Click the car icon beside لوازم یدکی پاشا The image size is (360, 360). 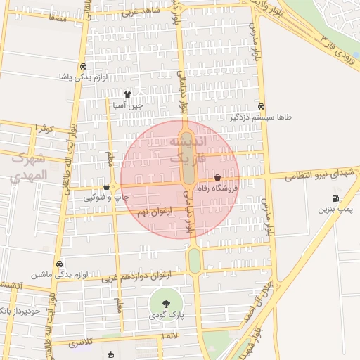coord(83,66)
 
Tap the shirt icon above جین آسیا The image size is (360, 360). coord(127,94)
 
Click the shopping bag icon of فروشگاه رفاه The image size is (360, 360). coord(217,178)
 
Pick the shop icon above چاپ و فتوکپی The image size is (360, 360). coord(106,187)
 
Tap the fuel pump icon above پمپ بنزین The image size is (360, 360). coord(335,198)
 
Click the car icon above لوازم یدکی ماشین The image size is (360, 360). coord(60,264)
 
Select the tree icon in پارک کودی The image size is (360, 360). coord(166,304)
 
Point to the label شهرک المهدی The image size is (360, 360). coord(28,166)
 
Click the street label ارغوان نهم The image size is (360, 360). coord(151,212)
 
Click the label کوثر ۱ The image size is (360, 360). coord(42,128)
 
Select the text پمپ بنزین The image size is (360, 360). coord(335,209)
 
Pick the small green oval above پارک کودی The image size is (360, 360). coord(194,260)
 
